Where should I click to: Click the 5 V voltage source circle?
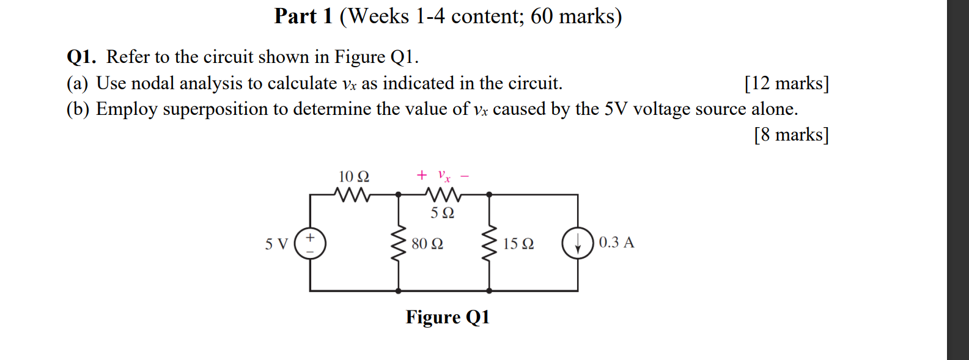tap(310, 243)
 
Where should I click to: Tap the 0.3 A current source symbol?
tap(578, 243)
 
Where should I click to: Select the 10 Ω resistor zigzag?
tap(353, 194)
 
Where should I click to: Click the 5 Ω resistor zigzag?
tap(443, 194)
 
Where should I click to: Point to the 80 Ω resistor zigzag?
tap(399, 243)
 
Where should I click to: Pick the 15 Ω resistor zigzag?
tap(489, 243)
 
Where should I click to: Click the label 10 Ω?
tap(354, 177)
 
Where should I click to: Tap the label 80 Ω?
tap(427, 244)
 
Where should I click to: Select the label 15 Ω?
tap(518, 244)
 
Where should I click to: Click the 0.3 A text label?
tap(616, 242)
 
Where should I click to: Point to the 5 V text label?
tap(276, 244)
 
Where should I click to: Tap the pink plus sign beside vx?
tap(421, 175)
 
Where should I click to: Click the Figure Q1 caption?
tap(448, 317)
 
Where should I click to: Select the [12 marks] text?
tap(786, 83)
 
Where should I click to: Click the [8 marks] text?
tap(791, 134)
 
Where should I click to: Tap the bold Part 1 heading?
tap(303, 16)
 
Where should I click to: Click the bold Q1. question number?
tap(81, 57)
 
